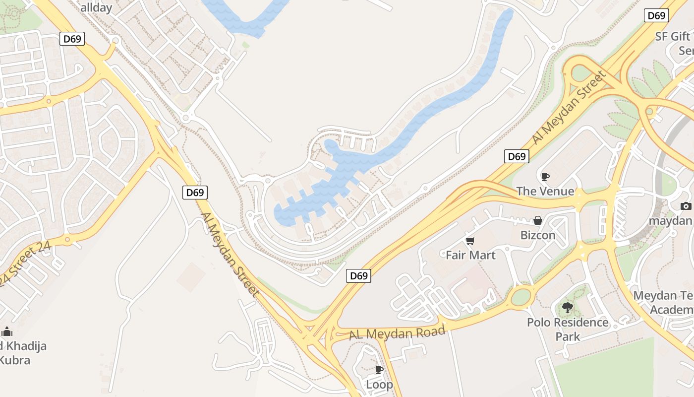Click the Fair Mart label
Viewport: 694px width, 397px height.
tap(470, 255)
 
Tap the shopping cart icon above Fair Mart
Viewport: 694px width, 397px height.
tap(470, 241)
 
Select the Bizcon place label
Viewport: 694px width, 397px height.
tap(538, 235)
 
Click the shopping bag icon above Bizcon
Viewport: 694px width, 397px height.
tap(538, 220)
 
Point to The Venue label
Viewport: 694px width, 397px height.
tap(545, 191)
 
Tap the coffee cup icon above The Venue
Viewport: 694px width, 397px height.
tap(545, 177)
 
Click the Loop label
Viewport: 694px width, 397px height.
tap(379, 384)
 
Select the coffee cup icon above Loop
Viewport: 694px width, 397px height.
tap(379, 370)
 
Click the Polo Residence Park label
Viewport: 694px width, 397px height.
tap(568, 329)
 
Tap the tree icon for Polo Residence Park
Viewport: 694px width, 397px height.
tap(568, 308)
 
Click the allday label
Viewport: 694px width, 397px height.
tap(96, 7)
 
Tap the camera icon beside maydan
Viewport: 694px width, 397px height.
tap(686, 206)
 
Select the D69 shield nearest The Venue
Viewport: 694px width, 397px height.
tap(517, 157)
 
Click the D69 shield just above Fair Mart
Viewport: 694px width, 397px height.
tap(358, 276)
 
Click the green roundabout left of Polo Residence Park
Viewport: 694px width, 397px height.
tap(520, 297)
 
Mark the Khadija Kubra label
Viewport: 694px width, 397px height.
tap(22, 352)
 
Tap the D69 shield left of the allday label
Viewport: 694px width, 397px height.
tap(72, 39)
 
